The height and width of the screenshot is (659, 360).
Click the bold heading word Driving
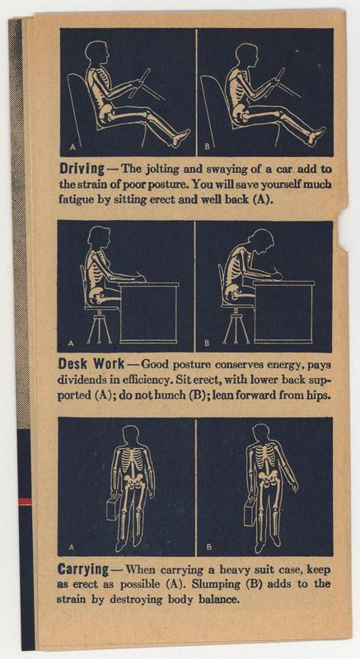coord(82,170)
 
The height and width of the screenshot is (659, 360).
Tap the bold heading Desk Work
coord(91,362)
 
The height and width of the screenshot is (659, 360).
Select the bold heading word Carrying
coord(83,571)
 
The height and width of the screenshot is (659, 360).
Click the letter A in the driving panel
coord(72,147)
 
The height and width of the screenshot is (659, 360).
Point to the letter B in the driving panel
coord(207,147)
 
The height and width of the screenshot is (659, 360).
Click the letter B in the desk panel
coord(207,344)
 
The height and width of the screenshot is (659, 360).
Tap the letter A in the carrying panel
coord(72,548)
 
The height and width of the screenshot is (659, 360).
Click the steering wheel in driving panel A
coord(138,84)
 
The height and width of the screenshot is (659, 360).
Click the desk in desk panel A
coord(149,312)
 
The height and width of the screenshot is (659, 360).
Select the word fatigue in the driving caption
coord(73,198)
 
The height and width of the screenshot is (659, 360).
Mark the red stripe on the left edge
coord(25,502)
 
